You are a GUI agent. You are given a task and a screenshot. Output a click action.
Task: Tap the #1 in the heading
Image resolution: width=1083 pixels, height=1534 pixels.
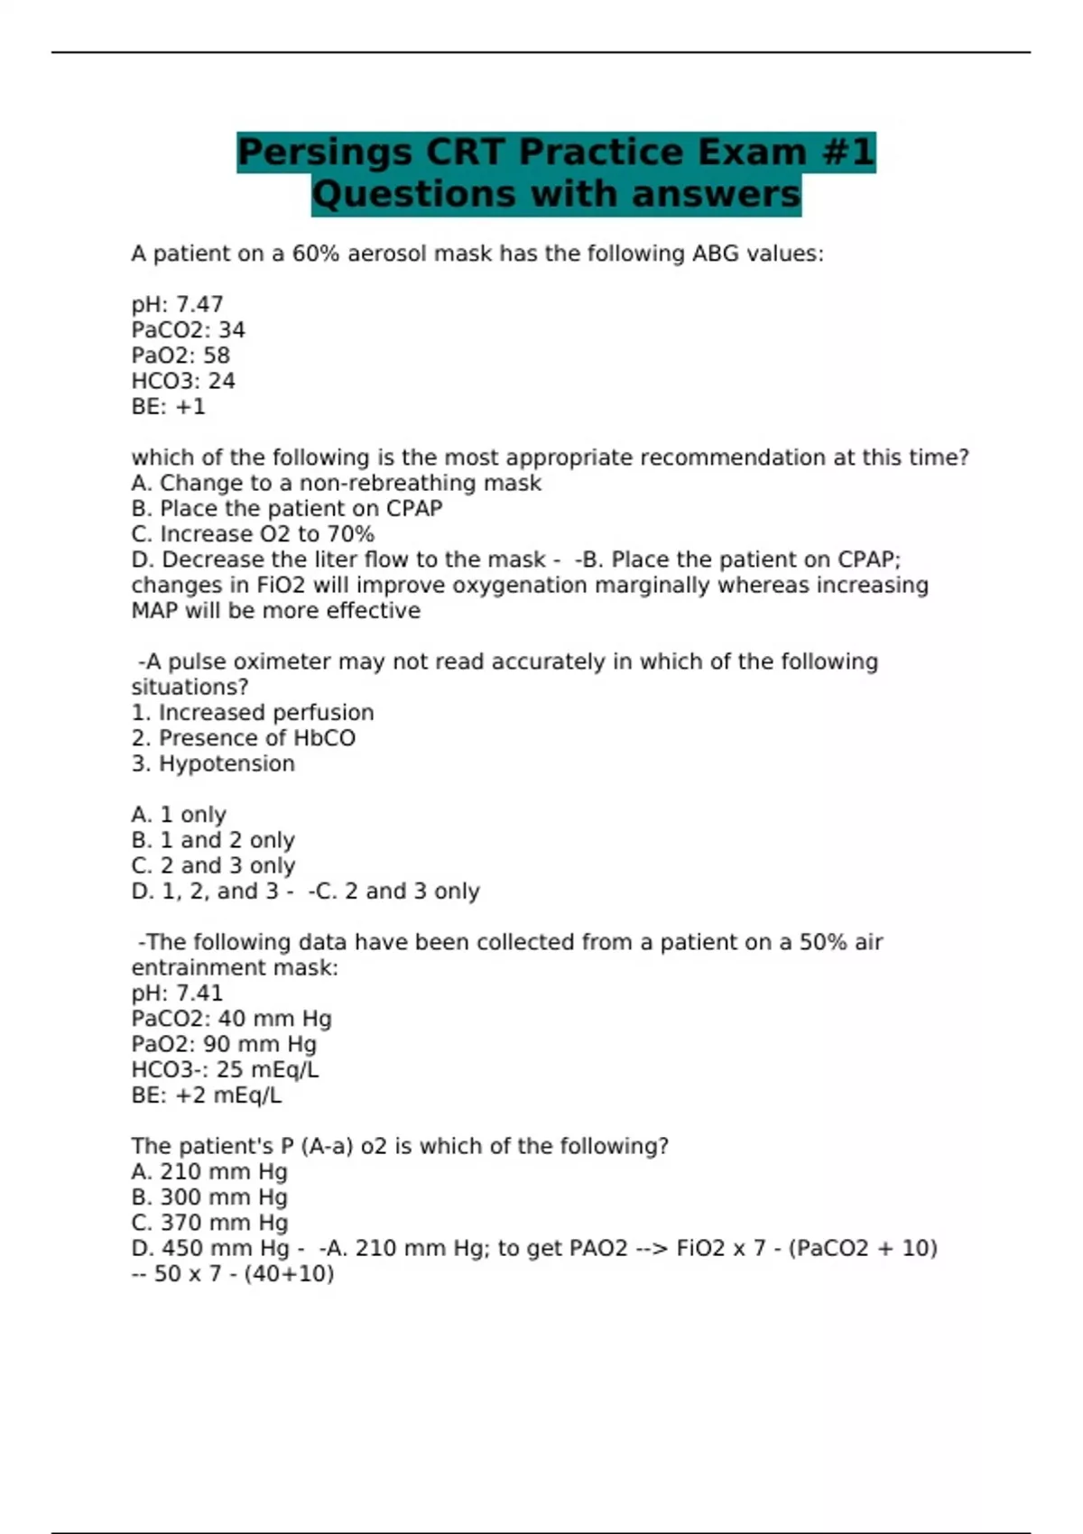pos(847,152)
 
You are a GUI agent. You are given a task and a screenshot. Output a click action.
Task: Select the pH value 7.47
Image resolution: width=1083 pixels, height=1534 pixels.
pos(199,305)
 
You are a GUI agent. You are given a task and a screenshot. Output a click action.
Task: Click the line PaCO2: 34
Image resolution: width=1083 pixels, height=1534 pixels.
pos(188,330)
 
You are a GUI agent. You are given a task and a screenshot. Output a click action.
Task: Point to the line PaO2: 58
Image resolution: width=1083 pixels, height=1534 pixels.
pos(180,356)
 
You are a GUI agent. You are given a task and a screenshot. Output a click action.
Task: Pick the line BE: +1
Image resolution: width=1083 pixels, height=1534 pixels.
pos(169,407)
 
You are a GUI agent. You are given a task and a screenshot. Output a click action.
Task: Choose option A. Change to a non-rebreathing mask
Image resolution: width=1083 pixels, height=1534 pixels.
pos(336,484)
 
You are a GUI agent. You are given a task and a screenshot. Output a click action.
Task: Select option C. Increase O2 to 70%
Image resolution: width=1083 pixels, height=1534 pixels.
pos(253,534)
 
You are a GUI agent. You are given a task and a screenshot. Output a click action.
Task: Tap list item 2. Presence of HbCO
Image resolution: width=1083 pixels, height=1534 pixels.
pos(244,738)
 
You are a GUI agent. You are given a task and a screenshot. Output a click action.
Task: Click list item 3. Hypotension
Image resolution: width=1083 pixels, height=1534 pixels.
pos(213,764)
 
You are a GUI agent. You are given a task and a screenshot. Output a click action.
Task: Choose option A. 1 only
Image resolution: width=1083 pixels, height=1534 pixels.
pos(179,815)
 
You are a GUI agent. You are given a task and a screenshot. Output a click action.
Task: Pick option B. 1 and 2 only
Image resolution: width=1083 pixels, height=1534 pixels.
pos(213,840)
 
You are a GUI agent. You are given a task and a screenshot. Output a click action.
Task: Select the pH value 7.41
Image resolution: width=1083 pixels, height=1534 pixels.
pos(199,993)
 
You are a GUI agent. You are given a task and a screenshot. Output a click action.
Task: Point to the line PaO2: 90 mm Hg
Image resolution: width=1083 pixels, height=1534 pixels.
pos(224,1045)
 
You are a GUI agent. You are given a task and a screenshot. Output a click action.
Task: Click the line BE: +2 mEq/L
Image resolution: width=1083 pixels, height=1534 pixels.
pos(207,1095)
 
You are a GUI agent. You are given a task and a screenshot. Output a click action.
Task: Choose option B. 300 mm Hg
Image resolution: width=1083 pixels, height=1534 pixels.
pos(209,1197)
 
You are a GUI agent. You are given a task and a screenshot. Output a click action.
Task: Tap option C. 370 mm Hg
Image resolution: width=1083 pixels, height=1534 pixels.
pos(209,1223)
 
